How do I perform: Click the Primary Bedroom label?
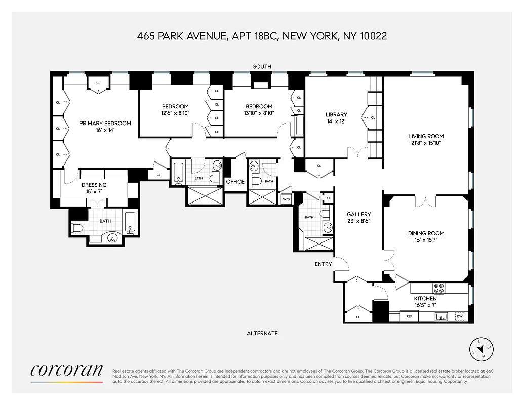(105, 123)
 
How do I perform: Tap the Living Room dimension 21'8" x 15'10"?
(426, 144)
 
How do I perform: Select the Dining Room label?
(426, 233)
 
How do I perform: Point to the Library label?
(336, 115)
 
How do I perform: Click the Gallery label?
(358, 214)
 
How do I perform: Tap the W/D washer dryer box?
(286, 199)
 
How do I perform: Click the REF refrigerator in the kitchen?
(409, 317)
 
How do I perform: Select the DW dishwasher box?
(460, 316)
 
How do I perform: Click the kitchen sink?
(441, 317)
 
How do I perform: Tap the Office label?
(235, 182)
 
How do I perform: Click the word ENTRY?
(323, 264)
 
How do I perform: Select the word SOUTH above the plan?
(262, 67)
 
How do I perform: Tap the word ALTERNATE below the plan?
(262, 333)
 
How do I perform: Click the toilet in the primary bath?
(77, 228)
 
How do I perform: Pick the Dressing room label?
(94, 185)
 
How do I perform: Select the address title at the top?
(262, 36)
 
